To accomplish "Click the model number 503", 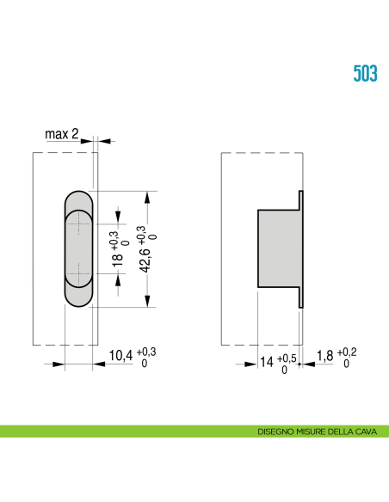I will [x=364, y=72].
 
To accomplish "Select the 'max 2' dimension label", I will [x=62, y=135].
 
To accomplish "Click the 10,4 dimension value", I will [x=121, y=357].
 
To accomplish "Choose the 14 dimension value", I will [x=268, y=362].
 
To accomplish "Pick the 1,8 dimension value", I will [x=324, y=357].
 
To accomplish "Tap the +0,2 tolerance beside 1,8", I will [x=347, y=352].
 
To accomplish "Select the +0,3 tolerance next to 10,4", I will [x=146, y=352].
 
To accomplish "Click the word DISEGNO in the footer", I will [x=275, y=431].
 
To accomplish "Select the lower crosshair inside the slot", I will [x=79, y=274].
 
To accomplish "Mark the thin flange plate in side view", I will [x=300, y=248].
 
